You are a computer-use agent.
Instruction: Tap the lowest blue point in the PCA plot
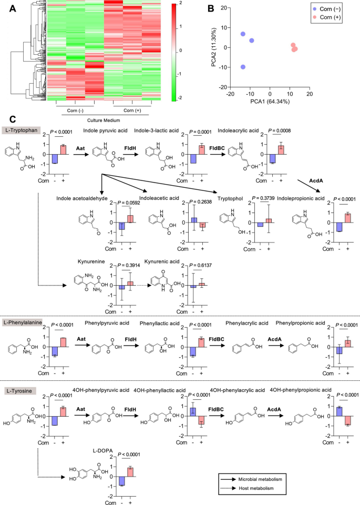pos(243,67)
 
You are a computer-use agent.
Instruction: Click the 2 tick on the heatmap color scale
pos(180,3)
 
